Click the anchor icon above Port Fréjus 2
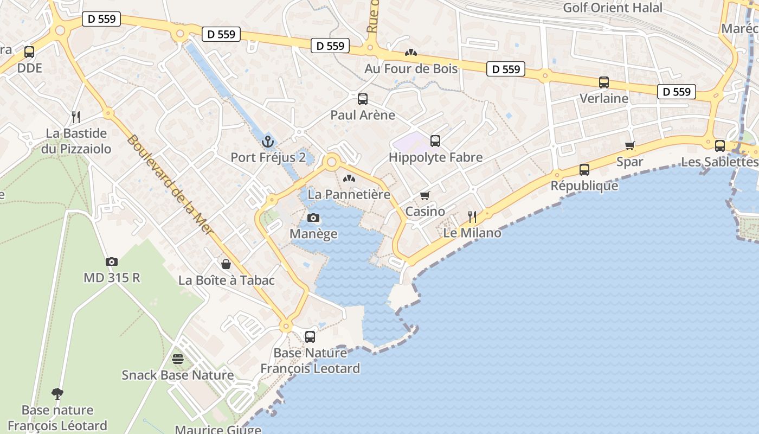click(x=268, y=142)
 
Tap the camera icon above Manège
click(x=313, y=218)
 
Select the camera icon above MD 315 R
click(x=112, y=261)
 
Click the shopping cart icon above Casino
click(x=425, y=195)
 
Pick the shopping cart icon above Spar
click(x=629, y=145)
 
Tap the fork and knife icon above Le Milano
click(x=472, y=217)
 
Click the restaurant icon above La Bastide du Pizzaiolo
click(x=76, y=117)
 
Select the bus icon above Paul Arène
click(x=363, y=99)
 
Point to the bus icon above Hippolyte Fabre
click(x=435, y=141)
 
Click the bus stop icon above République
click(x=584, y=170)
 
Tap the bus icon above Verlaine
click(x=604, y=82)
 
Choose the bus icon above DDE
click(x=29, y=53)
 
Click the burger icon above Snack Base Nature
click(x=178, y=359)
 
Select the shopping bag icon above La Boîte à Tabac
click(x=226, y=264)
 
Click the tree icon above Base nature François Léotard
click(x=57, y=393)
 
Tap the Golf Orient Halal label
click(x=613, y=8)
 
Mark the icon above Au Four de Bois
click(x=411, y=53)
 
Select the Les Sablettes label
click(x=719, y=162)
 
